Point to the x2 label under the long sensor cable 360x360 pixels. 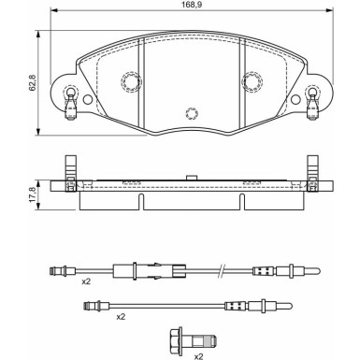86,281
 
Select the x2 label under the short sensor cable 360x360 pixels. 121,317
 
